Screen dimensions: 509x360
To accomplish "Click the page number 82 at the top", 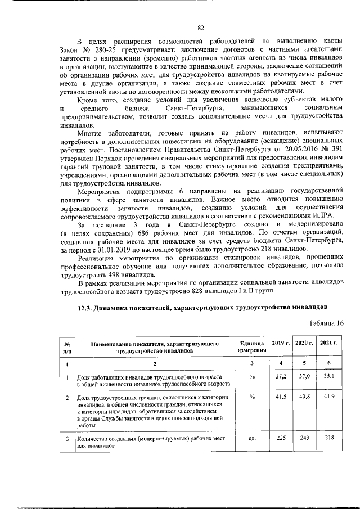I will pos(200,28).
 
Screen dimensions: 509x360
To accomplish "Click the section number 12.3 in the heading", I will pos(83,308).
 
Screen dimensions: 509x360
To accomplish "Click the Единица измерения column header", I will pos(251,346).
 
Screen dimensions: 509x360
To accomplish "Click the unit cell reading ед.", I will pos(251,439).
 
